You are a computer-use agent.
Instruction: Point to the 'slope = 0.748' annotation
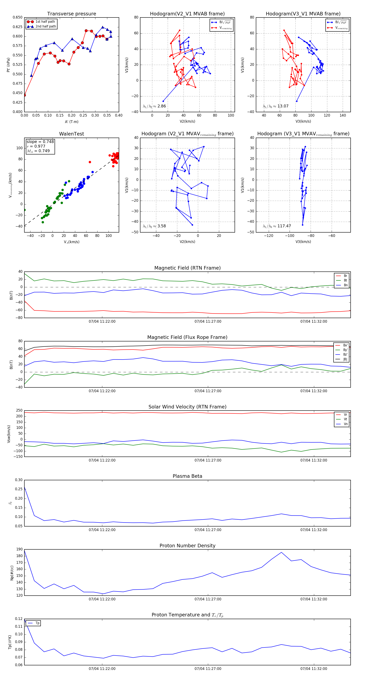[40, 142]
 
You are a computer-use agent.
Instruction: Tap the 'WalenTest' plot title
[71, 134]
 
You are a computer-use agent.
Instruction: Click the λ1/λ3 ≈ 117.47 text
[277, 226]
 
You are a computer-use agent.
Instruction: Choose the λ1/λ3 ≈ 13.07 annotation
[275, 106]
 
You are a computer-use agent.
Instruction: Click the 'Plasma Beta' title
[187, 476]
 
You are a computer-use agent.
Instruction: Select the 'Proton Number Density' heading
[187, 546]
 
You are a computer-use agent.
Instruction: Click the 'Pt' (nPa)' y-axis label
[8, 65]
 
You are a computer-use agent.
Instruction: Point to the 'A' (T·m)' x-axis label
[71, 122]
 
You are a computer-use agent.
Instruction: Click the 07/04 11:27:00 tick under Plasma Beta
[208, 530]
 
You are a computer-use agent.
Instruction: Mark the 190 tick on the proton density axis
[19, 549]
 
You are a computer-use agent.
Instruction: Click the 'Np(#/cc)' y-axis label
[12, 572]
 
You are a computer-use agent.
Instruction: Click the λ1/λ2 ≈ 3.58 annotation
[154, 226]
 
